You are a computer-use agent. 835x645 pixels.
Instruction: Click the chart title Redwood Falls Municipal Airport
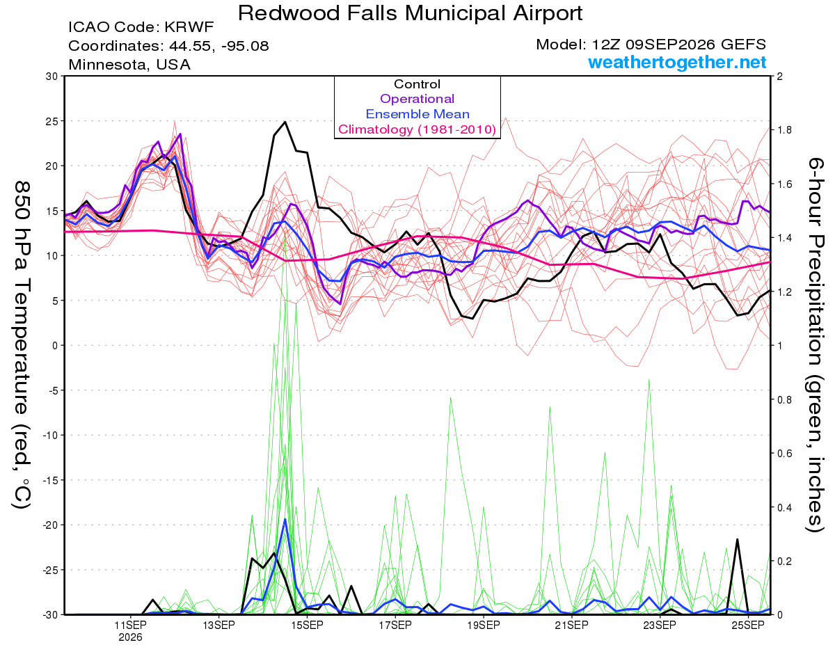pos(410,13)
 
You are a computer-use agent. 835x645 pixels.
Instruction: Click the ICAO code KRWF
pos(189,27)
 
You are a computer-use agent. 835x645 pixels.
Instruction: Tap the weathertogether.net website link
pos(677,62)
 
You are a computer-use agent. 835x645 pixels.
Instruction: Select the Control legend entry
pos(417,84)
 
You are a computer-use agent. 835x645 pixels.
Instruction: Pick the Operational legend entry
pos(417,99)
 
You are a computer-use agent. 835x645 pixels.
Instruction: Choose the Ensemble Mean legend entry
pos(417,114)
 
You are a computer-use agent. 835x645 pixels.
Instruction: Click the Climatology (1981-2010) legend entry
pos(417,129)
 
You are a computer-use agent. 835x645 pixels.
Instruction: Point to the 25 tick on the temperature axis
pos(52,121)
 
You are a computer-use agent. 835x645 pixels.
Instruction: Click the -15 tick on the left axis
pos(49,480)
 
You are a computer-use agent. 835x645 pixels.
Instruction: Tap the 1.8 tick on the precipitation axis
pos(783,130)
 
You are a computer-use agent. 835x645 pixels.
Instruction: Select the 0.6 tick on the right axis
pos(783,454)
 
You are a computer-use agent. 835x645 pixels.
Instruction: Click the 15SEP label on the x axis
pos(307,626)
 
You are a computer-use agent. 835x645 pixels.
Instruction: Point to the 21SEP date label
pos(571,626)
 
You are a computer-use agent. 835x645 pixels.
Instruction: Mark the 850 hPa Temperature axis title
pos(22,345)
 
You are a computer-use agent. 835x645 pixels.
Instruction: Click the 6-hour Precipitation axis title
pos(815,345)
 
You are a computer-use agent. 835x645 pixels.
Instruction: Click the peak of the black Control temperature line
pos(285,122)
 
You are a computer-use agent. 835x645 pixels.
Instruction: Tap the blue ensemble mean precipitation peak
pos(285,519)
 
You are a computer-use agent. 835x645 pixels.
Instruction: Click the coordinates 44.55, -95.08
pos(219,46)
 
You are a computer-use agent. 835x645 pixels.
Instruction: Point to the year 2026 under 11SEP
pos(130,638)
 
